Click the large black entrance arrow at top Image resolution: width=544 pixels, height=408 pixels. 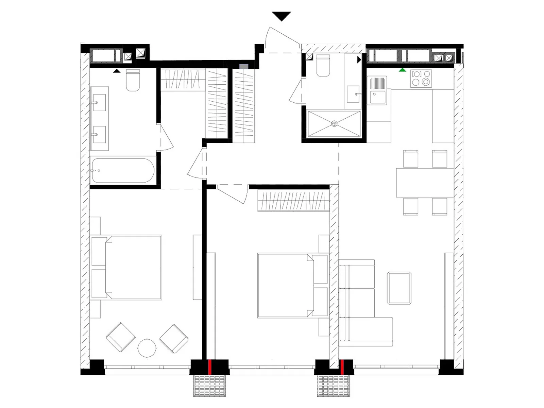[x=282, y=16]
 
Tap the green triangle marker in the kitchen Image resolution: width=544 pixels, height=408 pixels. [x=403, y=70]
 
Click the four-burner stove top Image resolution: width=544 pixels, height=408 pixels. [x=421, y=78]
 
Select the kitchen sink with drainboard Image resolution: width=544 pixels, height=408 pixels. [x=377, y=90]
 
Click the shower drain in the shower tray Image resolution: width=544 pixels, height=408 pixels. [x=334, y=124]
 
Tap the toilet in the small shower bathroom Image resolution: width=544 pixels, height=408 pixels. [x=323, y=66]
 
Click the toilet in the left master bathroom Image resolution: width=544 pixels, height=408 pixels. [x=133, y=81]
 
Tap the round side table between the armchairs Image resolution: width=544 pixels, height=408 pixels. [x=147, y=348]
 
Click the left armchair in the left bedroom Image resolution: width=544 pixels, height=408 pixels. [x=121, y=337]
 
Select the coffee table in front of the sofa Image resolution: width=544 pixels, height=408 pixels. [x=399, y=288]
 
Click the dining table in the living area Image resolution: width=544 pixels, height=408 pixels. [x=425, y=183]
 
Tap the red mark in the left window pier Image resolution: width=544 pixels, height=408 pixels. [x=210, y=367]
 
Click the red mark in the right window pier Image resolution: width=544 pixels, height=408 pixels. [x=342, y=367]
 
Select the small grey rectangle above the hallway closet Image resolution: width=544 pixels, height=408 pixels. [x=244, y=66]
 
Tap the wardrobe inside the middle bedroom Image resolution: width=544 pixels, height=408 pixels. [x=293, y=201]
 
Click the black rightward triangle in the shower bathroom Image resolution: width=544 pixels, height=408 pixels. [x=359, y=60]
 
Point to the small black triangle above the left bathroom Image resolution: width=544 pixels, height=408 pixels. [x=117, y=71]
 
